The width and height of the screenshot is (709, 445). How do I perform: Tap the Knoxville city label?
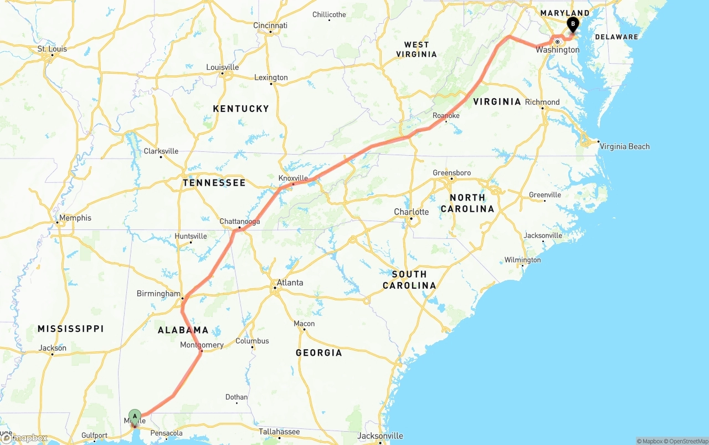pos(293,178)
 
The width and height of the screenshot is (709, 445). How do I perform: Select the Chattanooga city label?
pos(239,222)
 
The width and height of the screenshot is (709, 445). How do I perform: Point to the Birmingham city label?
pos(158,294)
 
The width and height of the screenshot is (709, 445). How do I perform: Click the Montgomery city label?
pos(202,345)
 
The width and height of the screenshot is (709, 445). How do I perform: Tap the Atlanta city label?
pos(290,283)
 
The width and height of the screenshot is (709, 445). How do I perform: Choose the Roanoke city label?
pos(446,116)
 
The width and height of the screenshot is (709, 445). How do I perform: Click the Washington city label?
pos(557,50)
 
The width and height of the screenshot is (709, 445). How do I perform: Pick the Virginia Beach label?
pos(624,146)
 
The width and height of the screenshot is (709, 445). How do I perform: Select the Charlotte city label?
pos(411,212)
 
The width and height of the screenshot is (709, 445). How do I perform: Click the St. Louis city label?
pos(52,49)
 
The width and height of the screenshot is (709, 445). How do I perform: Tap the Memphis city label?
pos(75,218)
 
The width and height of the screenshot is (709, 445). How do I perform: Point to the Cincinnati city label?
pos(270,25)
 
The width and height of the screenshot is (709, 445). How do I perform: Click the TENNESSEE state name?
pos(214,182)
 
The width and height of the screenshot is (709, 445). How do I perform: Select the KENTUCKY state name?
pos(241,109)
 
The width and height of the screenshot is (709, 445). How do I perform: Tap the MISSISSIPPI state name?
pos(70,329)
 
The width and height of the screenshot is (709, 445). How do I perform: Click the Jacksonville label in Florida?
pos(380,436)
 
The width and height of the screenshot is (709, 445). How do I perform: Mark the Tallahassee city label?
pos(279,432)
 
